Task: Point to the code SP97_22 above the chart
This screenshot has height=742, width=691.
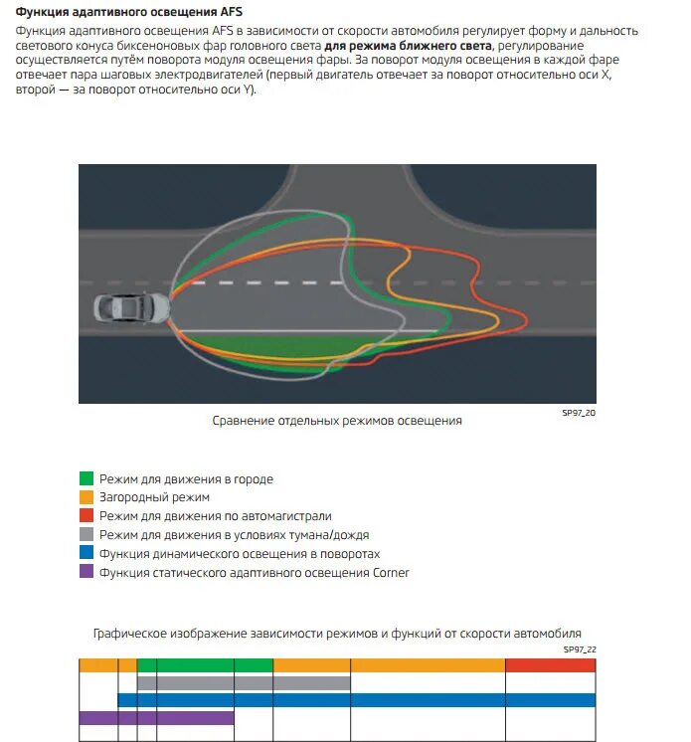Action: click(579, 649)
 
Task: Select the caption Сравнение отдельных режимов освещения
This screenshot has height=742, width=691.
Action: click(337, 421)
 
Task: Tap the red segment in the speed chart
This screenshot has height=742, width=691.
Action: click(551, 665)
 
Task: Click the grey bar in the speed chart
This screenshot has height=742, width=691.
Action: click(244, 683)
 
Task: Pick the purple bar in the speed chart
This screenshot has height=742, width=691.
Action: click(156, 718)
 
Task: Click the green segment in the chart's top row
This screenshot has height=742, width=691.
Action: click(205, 665)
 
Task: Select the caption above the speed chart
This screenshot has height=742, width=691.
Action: click(337, 634)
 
